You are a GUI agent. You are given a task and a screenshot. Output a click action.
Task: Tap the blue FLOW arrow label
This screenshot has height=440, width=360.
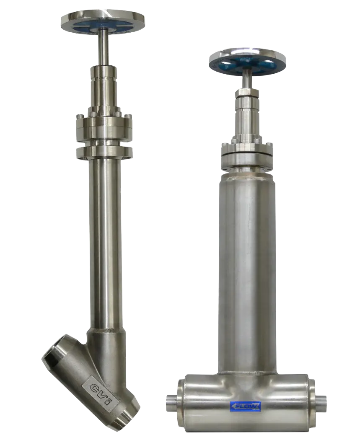pyautogui.click(x=246, y=406)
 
